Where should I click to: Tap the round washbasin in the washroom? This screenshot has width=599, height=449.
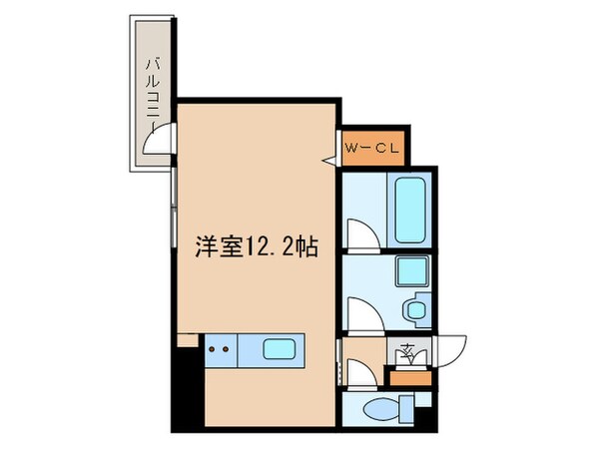[415, 311]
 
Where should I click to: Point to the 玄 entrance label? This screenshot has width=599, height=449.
[407, 351]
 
